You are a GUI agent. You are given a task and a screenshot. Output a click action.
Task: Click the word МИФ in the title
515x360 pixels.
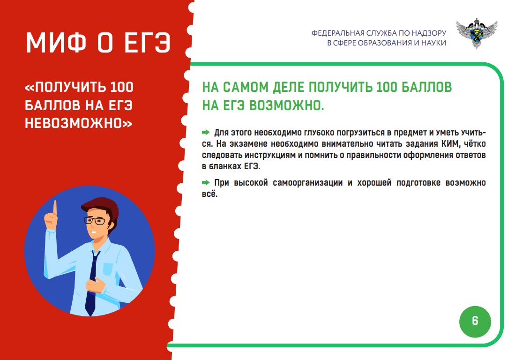56,42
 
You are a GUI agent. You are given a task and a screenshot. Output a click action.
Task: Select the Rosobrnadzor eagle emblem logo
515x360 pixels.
477,33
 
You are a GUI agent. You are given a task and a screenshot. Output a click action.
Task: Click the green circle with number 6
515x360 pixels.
475,322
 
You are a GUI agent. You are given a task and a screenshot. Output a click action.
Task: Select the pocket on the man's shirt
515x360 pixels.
108,269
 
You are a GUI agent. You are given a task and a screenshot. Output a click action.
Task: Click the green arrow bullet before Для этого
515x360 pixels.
206,132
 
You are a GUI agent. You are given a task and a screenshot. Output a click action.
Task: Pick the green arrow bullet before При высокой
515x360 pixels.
206,182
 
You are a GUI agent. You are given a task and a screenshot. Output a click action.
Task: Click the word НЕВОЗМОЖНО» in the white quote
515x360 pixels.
79,123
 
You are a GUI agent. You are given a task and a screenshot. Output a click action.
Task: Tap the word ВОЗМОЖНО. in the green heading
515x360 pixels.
287,105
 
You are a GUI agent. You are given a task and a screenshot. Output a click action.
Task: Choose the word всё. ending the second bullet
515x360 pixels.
209,194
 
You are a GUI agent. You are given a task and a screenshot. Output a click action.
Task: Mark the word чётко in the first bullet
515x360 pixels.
475,144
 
